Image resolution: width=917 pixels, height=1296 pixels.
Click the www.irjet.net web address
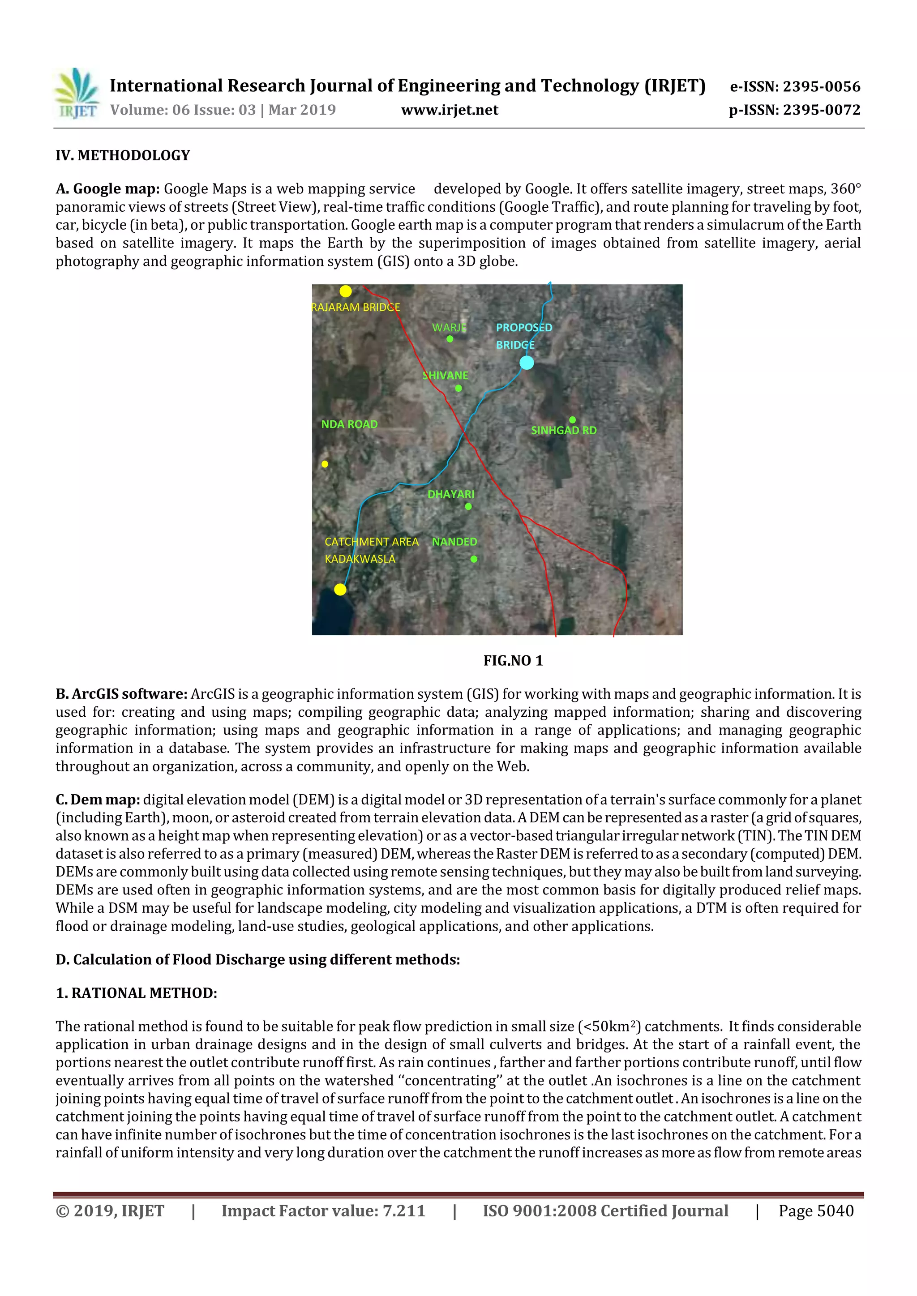pos(450,110)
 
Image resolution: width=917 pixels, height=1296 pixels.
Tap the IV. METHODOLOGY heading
pos(123,155)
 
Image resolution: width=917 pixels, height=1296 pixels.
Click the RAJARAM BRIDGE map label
pos(356,307)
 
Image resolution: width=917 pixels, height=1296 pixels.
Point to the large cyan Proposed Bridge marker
pos(526,362)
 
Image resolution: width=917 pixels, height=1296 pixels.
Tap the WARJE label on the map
pos(449,327)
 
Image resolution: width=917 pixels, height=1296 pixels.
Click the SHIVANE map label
pos(446,375)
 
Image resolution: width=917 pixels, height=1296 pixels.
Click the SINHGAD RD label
pos(564,430)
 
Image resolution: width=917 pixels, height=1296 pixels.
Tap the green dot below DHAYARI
pos(468,506)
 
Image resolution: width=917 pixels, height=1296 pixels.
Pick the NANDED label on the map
pos(454,541)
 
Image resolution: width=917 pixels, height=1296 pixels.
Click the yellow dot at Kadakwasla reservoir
pos(340,589)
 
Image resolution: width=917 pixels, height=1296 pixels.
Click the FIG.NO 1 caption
pos(513,660)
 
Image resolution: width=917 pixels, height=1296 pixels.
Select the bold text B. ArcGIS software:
pos(121,694)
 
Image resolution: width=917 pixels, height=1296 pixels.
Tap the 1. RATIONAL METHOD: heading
pos(136,993)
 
